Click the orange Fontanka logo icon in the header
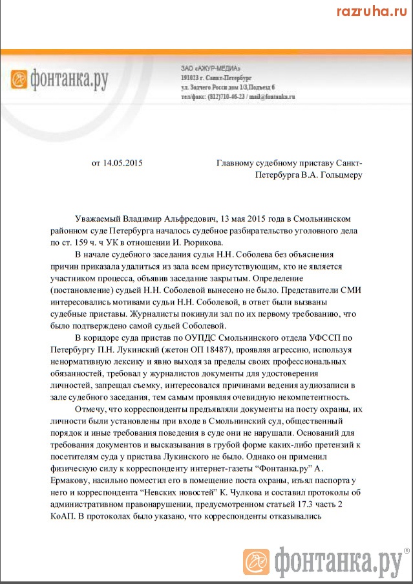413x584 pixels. point(21,79)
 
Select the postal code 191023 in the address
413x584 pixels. point(193,78)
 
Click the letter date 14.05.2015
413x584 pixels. point(123,163)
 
